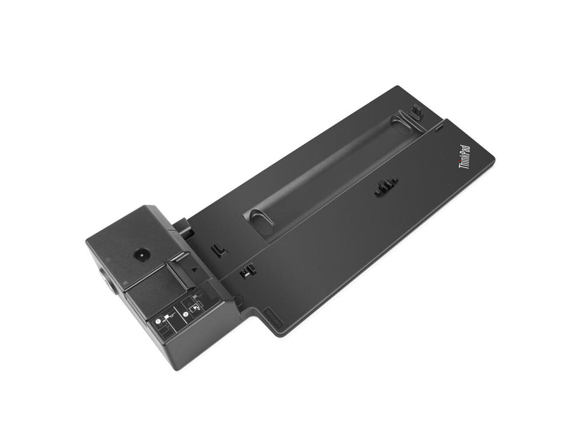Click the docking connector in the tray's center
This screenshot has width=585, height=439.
pos(386,187)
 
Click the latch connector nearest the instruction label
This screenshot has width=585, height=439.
pos(247,271)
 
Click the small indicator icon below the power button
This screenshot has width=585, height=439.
pos(125,282)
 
